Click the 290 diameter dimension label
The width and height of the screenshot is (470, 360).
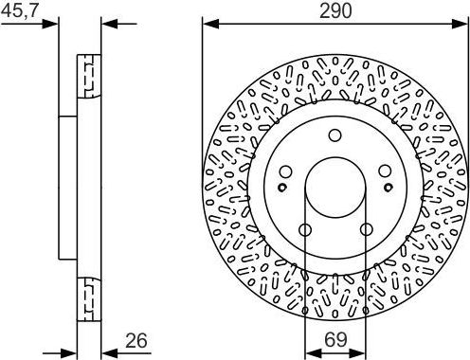pyautogui.click(x=335, y=10)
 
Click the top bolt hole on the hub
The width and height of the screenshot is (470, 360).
pyautogui.click(x=334, y=135)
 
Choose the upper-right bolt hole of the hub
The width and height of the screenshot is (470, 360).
pyautogui.click(x=384, y=171)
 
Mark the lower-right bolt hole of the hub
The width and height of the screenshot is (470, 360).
pyautogui.click(x=365, y=228)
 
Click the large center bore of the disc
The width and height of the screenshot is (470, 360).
pyautogui.click(x=334, y=186)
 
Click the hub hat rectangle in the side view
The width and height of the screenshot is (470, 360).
pyautogui.click(x=67, y=187)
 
